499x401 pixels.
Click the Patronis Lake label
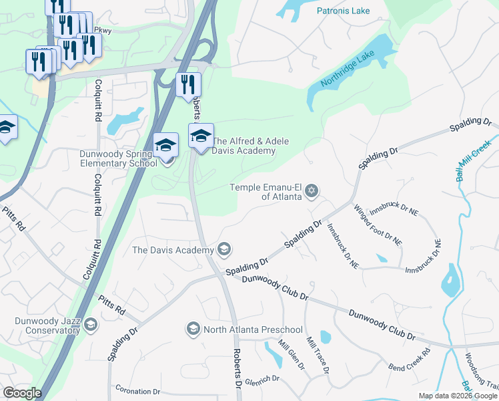tap(344, 11)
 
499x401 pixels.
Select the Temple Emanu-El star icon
tap(310, 192)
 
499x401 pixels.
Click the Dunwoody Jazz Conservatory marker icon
tap(91, 325)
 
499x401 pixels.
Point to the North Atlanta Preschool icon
tap(193, 329)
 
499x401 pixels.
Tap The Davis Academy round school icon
tap(224, 250)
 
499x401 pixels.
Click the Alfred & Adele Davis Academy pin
tap(201, 136)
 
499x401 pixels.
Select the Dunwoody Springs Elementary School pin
tap(165, 144)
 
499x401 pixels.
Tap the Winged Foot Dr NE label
tap(378, 225)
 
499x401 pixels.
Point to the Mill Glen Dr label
tap(292, 356)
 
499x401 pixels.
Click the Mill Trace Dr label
tap(317, 355)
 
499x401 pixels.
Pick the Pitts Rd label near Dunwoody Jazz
tap(111, 306)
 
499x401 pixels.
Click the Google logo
tap(22, 393)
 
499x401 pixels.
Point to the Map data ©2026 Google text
tap(457, 396)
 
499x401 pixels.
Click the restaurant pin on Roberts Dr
tap(189, 85)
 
